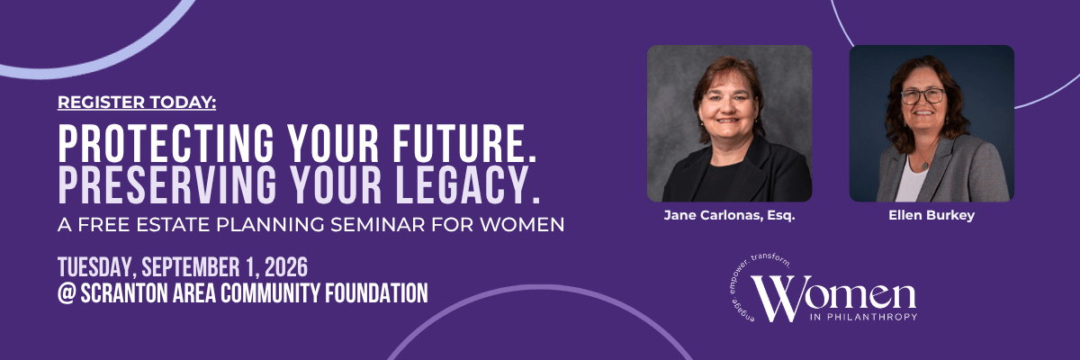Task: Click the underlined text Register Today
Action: coord(137,103)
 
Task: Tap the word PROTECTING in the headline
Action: coord(166,144)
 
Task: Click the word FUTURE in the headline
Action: coord(464,144)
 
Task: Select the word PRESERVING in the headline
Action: coord(167,184)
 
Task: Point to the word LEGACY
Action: coord(468,184)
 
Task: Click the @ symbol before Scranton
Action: coord(67,293)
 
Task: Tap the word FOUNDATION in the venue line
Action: coord(376,293)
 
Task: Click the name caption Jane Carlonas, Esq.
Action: coord(729,215)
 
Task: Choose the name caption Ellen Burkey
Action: coord(931,215)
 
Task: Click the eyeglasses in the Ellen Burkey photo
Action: coord(922,96)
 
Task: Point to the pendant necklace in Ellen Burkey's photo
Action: coord(924,165)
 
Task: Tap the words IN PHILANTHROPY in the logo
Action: coord(864,317)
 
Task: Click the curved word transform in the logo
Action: coord(770,259)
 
